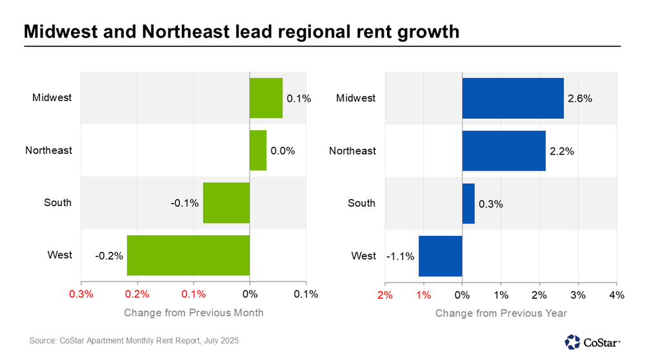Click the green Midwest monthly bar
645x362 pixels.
[266, 98]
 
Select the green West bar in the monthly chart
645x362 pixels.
[188, 255]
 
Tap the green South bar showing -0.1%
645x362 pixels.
[226, 203]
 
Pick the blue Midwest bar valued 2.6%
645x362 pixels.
[513, 98]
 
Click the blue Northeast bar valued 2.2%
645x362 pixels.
[504, 151]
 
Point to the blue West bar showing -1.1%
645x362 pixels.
[441, 256]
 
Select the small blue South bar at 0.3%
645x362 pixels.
[468, 204]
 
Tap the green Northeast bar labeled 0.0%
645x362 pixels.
[258, 151]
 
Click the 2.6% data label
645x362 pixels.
[580, 99]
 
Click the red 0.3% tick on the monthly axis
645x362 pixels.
[81, 294]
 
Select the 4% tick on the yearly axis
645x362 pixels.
[617, 294]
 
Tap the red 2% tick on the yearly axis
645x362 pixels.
[385, 294]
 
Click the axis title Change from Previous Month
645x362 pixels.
[193, 313]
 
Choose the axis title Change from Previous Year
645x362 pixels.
[501, 313]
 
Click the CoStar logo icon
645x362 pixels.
[572, 341]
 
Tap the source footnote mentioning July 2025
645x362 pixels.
[134, 340]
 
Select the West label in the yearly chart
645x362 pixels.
[363, 256]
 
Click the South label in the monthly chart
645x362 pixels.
[57, 203]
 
